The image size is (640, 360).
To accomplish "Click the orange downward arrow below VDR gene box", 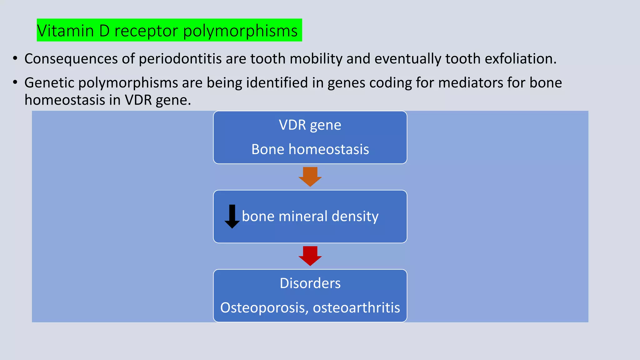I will pos(310,176).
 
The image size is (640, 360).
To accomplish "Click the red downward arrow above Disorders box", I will pos(310,255).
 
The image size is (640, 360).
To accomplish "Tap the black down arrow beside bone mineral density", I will pos(232,216).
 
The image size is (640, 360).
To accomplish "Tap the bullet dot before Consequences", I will pos(15,58).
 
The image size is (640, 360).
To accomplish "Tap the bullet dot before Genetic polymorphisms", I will pos(15,82).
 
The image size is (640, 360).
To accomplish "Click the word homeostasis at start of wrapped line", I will pos(65,100).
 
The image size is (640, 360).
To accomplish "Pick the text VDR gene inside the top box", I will pos(310,125).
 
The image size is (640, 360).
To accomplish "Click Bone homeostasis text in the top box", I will pos(310,149).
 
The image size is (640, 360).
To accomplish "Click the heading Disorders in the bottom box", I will pos(310,283).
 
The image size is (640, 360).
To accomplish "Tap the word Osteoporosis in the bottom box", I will pos(264,308).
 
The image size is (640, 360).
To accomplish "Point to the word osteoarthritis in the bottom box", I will pos(356,308).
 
